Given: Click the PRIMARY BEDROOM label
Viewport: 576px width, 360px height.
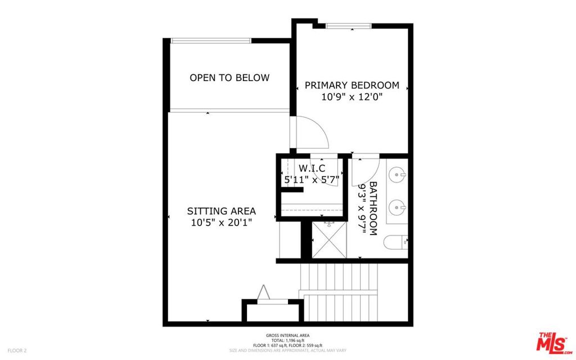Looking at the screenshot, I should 352,85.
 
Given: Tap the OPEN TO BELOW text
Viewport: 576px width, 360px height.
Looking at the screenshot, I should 229,78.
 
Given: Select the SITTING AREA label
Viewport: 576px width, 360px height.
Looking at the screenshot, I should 221,211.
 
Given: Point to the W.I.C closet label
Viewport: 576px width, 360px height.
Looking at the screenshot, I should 312,168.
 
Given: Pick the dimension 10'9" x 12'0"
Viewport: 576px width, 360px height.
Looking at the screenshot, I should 352,97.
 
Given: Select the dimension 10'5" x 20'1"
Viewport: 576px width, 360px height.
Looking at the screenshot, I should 221,222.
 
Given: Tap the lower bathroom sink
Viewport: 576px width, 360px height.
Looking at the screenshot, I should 399,208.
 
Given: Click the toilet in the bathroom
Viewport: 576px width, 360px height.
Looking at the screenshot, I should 395,243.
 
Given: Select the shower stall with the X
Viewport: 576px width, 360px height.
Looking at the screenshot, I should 329,240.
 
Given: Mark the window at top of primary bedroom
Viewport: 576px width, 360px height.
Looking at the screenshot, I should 349,25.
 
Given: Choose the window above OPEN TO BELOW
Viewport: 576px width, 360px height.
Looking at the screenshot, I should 211,40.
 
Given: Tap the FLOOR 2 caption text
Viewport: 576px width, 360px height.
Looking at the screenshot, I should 17,350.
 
